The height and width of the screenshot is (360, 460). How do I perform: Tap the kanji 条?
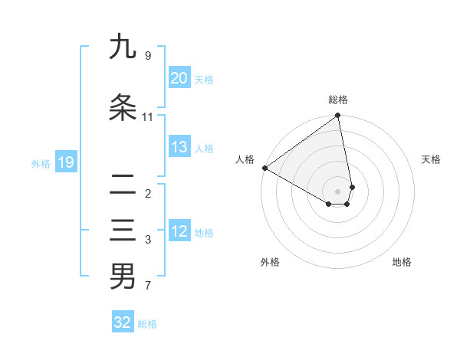click(x=123, y=108)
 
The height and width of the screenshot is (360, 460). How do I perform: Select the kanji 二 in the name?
click(x=123, y=185)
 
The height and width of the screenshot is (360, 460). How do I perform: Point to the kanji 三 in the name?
click(x=123, y=231)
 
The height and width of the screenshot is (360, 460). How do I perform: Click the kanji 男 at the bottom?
click(x=123, y=277)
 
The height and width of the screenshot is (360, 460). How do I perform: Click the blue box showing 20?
click(x=179, y=78)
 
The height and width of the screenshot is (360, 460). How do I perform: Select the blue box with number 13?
click(x=179, y=148)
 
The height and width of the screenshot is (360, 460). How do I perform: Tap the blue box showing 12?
click(x=179, y=232)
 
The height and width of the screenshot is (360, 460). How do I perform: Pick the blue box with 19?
click(x=65, y=162)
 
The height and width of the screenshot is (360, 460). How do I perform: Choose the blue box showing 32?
click(x=123, y=322)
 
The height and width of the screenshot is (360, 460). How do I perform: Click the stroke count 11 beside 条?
click(x=148, y=116)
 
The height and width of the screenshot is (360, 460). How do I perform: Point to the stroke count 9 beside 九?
click(x=148, y=55)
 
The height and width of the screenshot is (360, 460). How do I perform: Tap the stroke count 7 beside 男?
click(x=148, y=286)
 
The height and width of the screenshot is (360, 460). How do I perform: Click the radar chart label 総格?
click(x=338, y=100)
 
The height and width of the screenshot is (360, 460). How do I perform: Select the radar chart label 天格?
click(x=431, y=159)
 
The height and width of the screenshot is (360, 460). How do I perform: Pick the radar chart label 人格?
click(x=245, y=159)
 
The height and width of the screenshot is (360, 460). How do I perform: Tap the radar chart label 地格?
click(x=402, y=262)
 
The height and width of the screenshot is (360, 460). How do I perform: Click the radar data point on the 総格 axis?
click(x=338, y=116)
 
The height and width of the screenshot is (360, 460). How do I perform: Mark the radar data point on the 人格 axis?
click(x=264, y=168)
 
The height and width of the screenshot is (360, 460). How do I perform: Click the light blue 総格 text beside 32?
click(x=147, y=324)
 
